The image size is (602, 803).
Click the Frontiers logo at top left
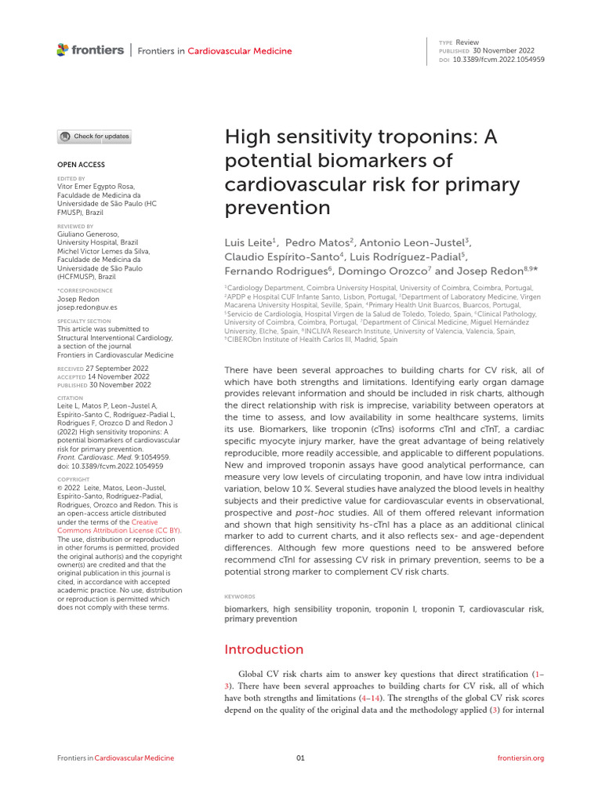(90, 50)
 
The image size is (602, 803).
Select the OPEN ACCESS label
(81, 165)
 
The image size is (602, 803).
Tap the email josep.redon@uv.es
(87, 307)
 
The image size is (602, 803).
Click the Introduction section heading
(263, 649)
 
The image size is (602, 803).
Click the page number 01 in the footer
(300, 758)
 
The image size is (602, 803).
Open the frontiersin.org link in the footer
(520, 758)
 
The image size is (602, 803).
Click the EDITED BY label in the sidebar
(71, 179)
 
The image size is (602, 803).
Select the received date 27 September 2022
(118, 367)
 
